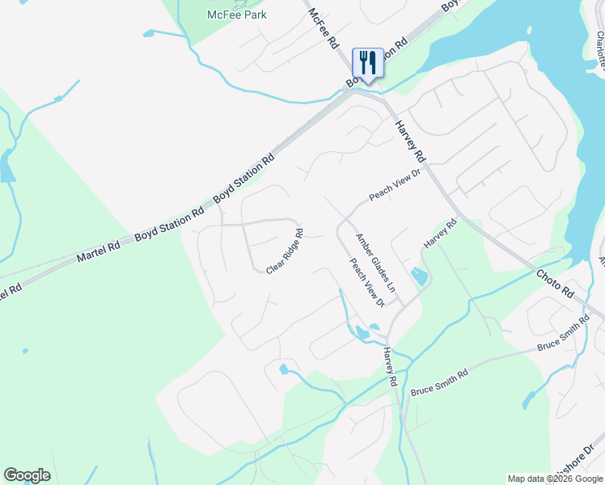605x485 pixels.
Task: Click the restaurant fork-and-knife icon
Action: (x=368, y=62)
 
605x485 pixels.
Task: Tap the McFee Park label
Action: (x=237, y=15)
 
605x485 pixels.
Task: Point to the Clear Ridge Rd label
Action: (x=285, y=251)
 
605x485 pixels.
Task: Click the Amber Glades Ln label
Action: (x=376, y=262)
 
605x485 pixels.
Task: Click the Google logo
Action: (x=27, y=475)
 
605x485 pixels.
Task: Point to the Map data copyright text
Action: (x=554, y=479)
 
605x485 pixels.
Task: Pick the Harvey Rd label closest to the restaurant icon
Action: (x=410, y=140)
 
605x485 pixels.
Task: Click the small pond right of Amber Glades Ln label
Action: (x=419, y=276)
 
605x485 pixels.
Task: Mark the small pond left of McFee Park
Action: (x=149, y=33)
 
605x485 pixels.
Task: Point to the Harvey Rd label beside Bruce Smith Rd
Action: (x=391, y=366)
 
